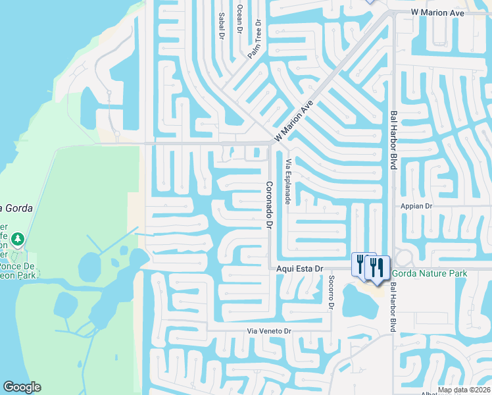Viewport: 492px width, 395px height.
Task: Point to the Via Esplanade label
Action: (x=288, y=180)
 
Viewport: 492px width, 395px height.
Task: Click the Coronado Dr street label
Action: (x=269, y=205)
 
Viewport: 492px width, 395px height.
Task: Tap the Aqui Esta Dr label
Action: (x=301, y=269)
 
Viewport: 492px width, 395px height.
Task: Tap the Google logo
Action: (x=22, y=387)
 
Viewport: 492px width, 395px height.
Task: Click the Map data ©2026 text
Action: (x=464, y=390)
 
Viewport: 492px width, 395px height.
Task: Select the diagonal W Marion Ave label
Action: (x=293, y=120)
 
